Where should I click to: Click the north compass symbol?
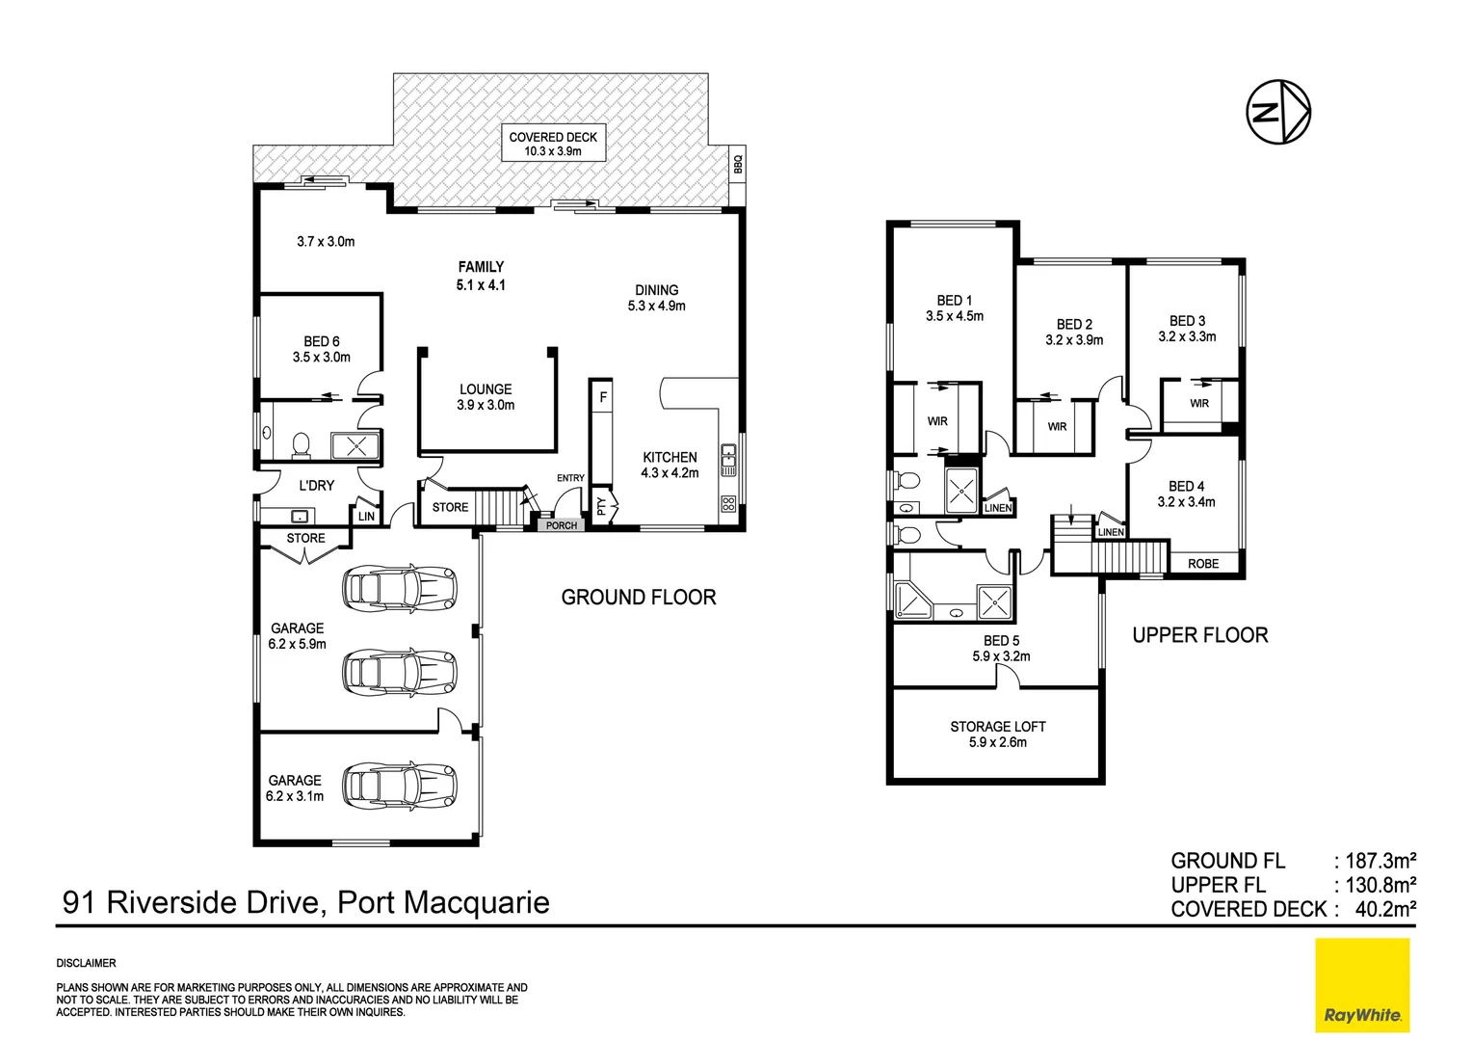tap(1278, 113)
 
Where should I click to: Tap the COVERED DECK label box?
tap(553, 144)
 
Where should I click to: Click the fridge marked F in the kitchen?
tap(603, 397)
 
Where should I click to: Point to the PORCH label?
tap(562, 525)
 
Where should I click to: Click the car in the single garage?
tap(399, 786)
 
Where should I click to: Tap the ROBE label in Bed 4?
tap(1203, 564)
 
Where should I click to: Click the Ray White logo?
tap(1362, 985)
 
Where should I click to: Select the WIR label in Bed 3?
tap(1199, 404)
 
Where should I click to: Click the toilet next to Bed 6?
tap(301, 445)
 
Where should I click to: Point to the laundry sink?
tap(299, 515)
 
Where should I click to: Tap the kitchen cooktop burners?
tap(728, 504)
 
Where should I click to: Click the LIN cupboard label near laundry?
tap(366, 517)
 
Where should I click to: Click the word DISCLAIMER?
tap(86, 963)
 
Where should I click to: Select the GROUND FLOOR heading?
tap(639, 598)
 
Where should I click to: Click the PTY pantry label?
tap(602, 505)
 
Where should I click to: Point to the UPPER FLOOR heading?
tap(1199, 635)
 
